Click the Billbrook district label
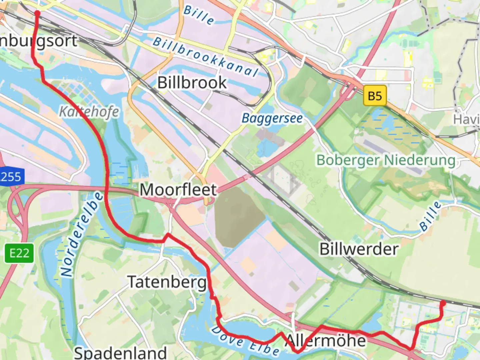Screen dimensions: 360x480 click(192, 83)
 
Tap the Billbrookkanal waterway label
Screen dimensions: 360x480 click(205, 57)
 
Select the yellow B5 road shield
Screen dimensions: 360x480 click(375, 96)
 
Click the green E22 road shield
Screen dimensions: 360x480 click(19, 253)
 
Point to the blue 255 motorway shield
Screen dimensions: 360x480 click(11, 176)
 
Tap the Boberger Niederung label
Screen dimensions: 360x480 click(386, 160)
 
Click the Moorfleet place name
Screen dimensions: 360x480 click(178, 190)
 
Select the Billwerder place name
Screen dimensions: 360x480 click(359, 249)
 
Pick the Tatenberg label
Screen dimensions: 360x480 click(167, 282)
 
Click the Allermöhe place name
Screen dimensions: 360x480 click(326, 341)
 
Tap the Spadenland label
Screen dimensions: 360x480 click(120, 353)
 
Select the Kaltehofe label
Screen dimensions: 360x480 click(89, 112)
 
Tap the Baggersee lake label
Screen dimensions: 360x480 click(272, 118)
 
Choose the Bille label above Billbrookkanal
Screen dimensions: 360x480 click(199, 15)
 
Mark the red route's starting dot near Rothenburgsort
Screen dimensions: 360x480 click(37, 13)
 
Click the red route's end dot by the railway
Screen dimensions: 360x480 click(443, 303)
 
